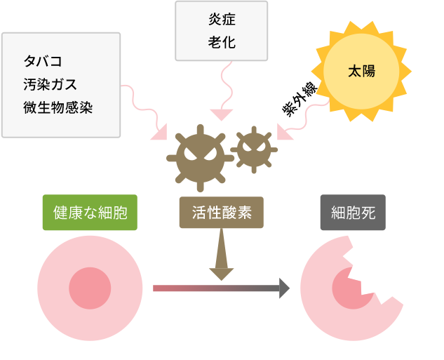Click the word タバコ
(x=42, y=61)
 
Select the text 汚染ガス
(x=49, y=84)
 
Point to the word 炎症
(x=222, y=20)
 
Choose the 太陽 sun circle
(x=361, y=71)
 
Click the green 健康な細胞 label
(x=90, y=212)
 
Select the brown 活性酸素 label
(x=221, y=212)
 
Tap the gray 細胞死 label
(x=353, y=212)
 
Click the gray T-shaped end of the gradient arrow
(x=285, y=288)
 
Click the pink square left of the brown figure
(x=157, y=131)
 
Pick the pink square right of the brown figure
(x=286, y=131)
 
